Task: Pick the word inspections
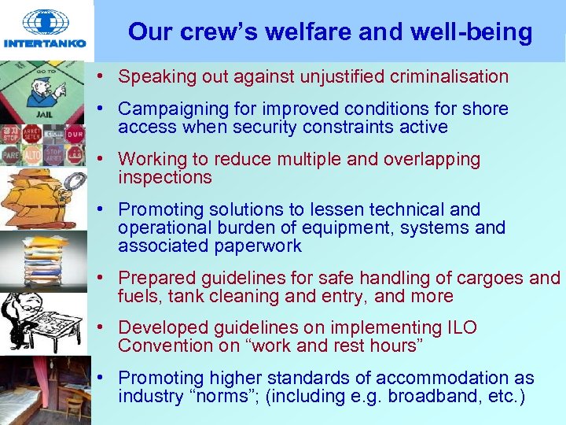tap(164, 178)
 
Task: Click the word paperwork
tap(249, 246)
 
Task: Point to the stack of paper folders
tap(47, 256)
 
